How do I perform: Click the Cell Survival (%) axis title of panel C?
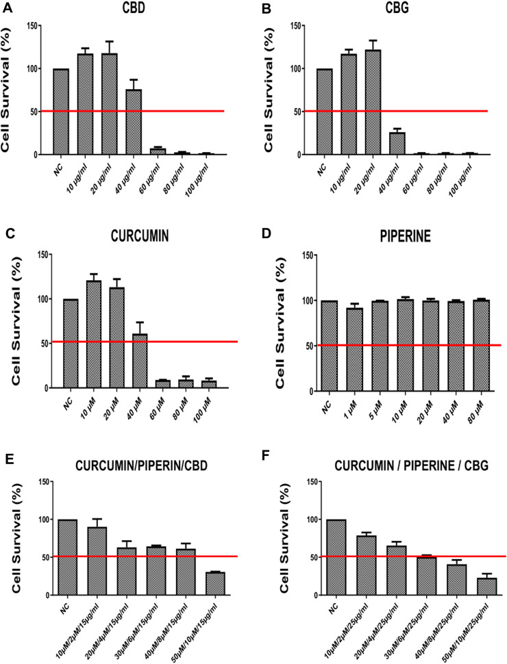10,322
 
